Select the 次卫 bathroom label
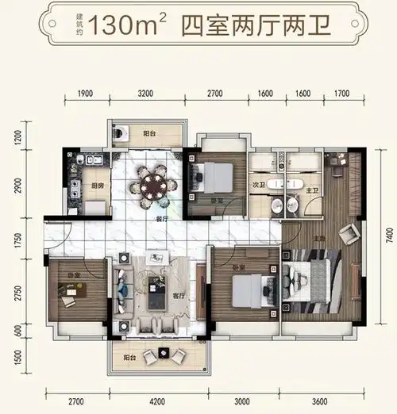[258, 185]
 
